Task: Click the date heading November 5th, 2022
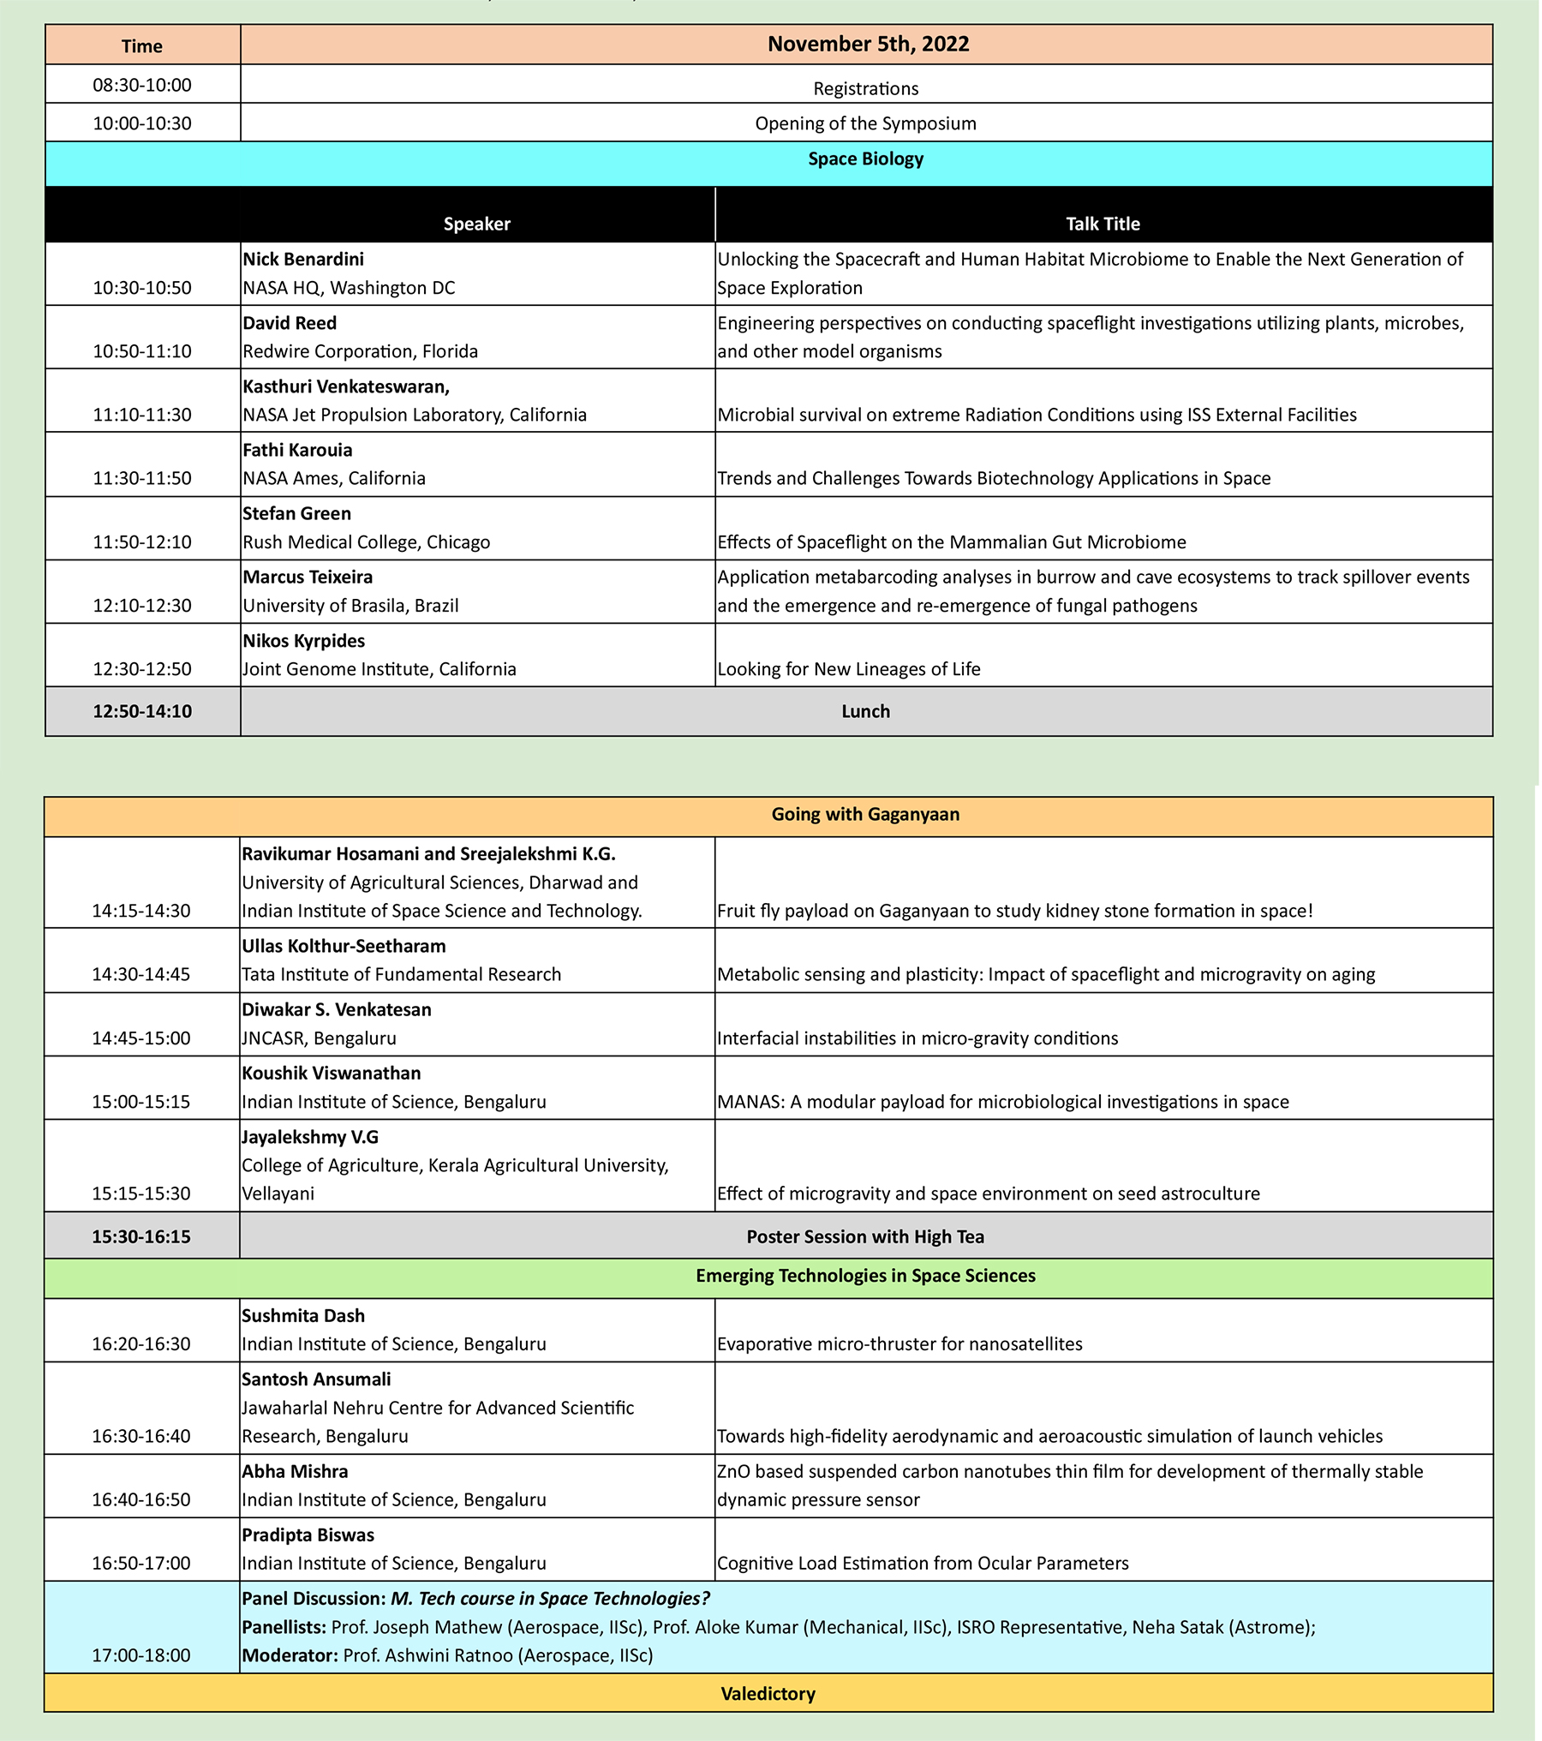(x=868, y=45)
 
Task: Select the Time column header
(x=142, y=46)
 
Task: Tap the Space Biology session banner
(x=865, y=159)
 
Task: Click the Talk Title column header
(x=1103, y=224)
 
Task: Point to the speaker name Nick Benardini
(x=303, y=260)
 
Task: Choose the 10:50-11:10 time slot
(x=142, y=351)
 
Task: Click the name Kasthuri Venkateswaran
(x=346, y=386)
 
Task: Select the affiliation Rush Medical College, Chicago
(x=367, y=542)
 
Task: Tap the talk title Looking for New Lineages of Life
(x=848, y=669)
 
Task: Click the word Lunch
(x=865, y=712)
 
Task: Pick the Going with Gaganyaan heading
(x=865, y=815)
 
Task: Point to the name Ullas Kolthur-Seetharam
(x=344, y=946)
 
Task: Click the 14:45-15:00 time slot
(x=141, y=1038)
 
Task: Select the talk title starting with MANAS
(x=1002, y=1102)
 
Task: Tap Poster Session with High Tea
(x=865, y=1237)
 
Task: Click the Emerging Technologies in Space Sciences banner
(x=865, y=1276)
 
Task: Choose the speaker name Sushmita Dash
(x=303, y=1316)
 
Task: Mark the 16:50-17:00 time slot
(x=141, y=1563)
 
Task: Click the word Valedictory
(x=768, y=1694)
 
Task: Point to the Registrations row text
(x=865, y=89)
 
